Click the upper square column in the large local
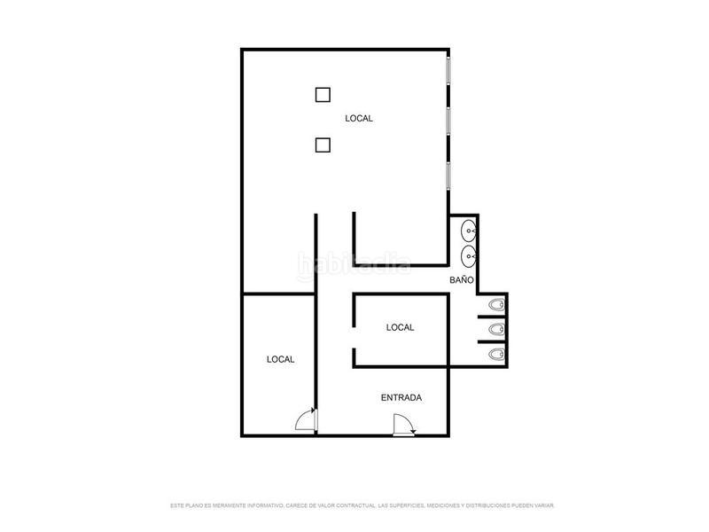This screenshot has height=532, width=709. tap(323, 94)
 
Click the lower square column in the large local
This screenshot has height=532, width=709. tap(323, 145)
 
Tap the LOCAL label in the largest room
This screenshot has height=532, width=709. tap(359, 118)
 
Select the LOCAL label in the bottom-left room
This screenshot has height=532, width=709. tap(281, 359)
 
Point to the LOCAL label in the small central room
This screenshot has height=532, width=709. tap(401, 327)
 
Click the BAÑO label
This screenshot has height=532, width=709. tap(462, 279)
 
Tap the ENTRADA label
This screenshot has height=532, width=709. tap(401, 397)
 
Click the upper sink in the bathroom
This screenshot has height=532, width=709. tap(469, 233)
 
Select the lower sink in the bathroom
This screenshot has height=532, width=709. tap(469, 256)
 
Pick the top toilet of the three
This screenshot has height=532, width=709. tap(496, 306)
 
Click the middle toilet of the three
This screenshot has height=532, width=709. tap(496, 331)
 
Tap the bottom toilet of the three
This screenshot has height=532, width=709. tap(496, 355)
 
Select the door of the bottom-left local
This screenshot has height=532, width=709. tap(306, 419)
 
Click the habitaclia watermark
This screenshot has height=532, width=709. tap(354, 264)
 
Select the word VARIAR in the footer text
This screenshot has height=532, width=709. tap(542, 505)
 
